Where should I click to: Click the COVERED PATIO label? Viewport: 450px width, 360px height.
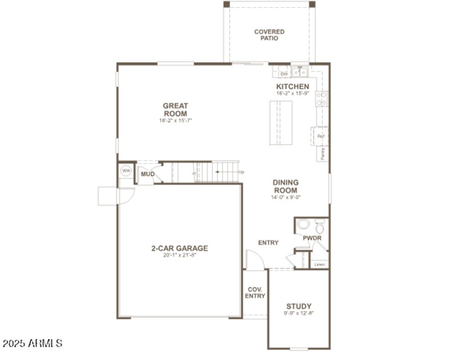click(x=269, y=35)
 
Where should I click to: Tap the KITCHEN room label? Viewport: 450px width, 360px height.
click(x=292, y=86)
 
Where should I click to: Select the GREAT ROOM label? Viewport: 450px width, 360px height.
click(x=175, y=110)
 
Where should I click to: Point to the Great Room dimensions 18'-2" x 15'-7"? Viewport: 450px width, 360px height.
click(x=175, y=120)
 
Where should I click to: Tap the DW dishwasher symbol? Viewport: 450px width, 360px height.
click(x=284, y=74)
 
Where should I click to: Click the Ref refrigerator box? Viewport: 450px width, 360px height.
click(x=321, y=136)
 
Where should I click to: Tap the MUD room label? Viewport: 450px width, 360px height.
click(x=147, y=174)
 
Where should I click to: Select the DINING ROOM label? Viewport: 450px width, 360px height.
click(x=286, y=186)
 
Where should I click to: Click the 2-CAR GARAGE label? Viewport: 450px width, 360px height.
click(x=179, y=248)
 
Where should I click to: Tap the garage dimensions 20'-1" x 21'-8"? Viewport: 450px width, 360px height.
click(x=179, y=255)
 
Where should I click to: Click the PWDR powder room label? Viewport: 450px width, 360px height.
click(x=312, y=238)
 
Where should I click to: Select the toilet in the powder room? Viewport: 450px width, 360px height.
click(x=319, y=228)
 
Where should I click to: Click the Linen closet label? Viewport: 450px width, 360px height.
click(x=319, y=264)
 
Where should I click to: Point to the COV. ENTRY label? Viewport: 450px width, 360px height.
click(x=255, y=292)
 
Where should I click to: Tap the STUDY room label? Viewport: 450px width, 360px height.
click(x=299, y=306)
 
